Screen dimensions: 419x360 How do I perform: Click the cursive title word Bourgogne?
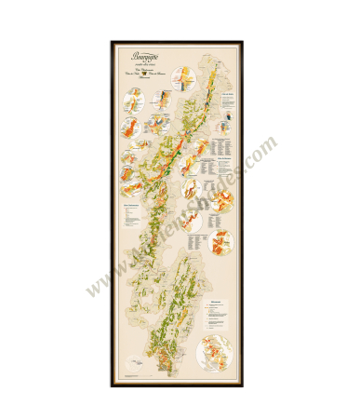pos(137,52)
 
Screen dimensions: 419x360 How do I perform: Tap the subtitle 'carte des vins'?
pos(137,61)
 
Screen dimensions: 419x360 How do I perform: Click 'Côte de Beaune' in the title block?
pos(152,73)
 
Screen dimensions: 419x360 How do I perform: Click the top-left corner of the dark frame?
pos(111,41)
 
